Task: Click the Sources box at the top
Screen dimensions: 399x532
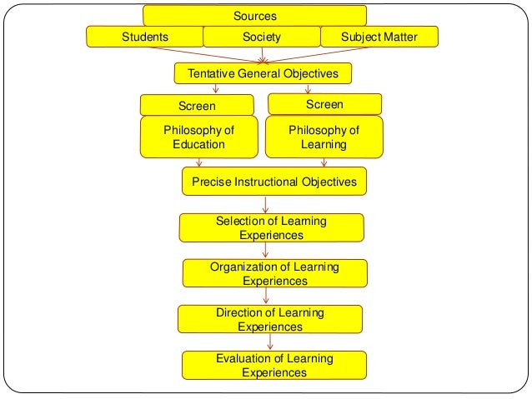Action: [x=254, y=16]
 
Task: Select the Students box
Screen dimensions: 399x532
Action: [x=145, y=37]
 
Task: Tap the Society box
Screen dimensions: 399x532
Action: [x=262, y=37]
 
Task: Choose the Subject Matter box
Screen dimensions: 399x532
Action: [x=379, y=37]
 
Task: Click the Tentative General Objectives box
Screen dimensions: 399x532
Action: [x=263, y=73]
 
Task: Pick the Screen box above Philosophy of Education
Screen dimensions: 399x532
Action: [x=197, y=106]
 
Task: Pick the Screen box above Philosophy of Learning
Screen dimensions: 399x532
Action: [x=324, y=104]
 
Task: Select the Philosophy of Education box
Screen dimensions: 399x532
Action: [x=198, y=137]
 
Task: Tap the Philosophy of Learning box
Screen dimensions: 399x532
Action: [x=324, y=137]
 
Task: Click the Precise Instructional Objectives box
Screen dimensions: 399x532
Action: [x=274, y=181]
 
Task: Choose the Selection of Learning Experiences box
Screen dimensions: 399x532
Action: [x=271, y=227]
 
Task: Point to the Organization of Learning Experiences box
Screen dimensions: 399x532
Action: [x=274, y=273]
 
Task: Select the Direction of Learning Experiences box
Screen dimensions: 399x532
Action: [x=270, y=319]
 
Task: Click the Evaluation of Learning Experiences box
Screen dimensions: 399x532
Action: [x=274, y=365]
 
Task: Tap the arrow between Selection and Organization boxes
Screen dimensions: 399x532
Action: [x=267, y=250]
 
